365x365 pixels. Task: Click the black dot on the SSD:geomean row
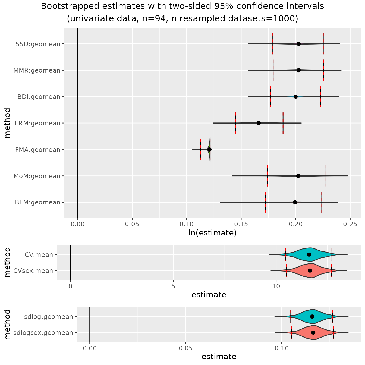(298, 44)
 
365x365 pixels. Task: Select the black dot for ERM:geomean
(259, 123)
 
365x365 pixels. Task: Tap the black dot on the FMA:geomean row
(209, 149)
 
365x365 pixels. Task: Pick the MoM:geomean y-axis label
(37, 176)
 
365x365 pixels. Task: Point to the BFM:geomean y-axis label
(38, 202)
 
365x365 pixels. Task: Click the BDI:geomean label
(39, 97)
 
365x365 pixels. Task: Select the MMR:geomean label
(37, 70)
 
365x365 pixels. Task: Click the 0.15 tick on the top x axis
(241, 224)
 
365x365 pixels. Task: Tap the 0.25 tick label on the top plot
(350, 224)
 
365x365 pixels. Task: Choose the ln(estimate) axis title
(212, 233)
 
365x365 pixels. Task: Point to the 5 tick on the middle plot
(173, 286)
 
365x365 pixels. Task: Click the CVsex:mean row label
(33, 271)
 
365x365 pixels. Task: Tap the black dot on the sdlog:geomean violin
(312, 316)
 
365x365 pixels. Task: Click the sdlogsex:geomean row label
(43, 333)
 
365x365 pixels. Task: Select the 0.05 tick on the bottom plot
(185, 348)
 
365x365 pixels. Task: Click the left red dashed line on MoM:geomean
(268, 176)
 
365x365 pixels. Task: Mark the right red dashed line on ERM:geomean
(283, 123)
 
